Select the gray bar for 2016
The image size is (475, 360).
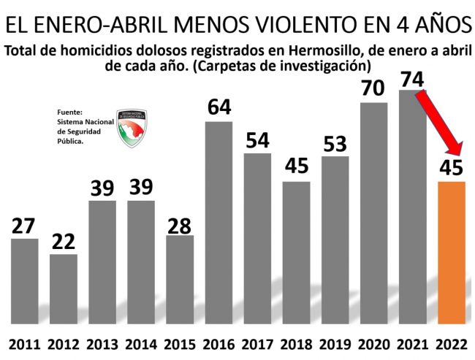[218, 222]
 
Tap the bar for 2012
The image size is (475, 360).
[64, 288]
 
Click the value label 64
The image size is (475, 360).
[218, 107]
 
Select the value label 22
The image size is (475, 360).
[64, 242]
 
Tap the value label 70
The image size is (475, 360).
[373, 89]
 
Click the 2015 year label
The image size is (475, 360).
[180, 343]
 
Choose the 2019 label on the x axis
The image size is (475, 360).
[335, 343]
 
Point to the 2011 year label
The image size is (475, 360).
[25, 343]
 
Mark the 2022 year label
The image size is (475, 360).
[451, 343]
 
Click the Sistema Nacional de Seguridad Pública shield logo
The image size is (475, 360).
[132, 128]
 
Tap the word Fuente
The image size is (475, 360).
[69, 112]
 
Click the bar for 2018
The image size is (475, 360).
[296, 252]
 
